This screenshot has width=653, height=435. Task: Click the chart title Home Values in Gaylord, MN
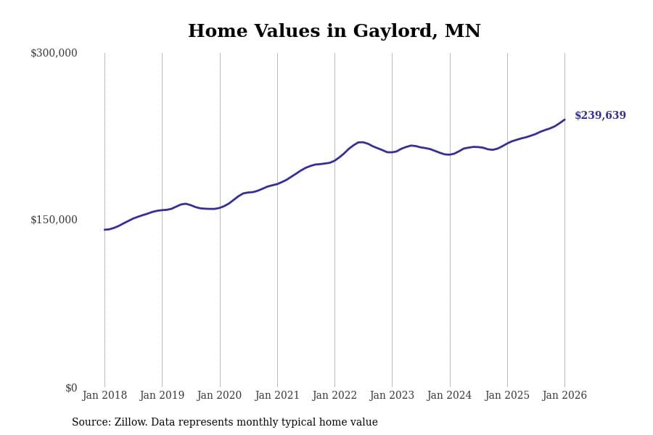click(x=334, y=32)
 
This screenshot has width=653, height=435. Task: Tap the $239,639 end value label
click(x=600, y=116)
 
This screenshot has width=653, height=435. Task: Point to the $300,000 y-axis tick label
click(x=54, y=53)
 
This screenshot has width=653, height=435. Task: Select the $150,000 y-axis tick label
click(x=54, y=220)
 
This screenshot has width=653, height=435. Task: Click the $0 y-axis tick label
click(x=71, y=388)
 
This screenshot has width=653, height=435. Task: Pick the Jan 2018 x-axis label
click(x=104, y=396)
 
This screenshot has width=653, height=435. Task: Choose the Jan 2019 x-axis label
click(x=162, y=396)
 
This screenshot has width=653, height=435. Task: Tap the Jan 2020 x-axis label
click(x=219, y=396)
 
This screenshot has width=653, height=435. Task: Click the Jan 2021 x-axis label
click(x=277, y=396)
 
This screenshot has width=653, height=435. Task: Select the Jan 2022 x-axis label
click(x=334, y=396)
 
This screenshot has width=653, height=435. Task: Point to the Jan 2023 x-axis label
click(x=392, y=396)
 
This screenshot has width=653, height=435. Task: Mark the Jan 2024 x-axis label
click(x=449, y=396)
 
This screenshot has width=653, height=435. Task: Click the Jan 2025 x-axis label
click(x=507, y=396)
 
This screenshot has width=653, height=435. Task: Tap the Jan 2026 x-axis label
click(x=564, y=396)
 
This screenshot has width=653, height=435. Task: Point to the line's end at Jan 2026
click(x=564, y=120)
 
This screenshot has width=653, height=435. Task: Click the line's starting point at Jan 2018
click(x=104, y=230)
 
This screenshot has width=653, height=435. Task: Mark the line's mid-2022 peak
click(x=361, y=142)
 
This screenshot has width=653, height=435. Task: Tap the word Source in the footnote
click(x=90, y=423)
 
